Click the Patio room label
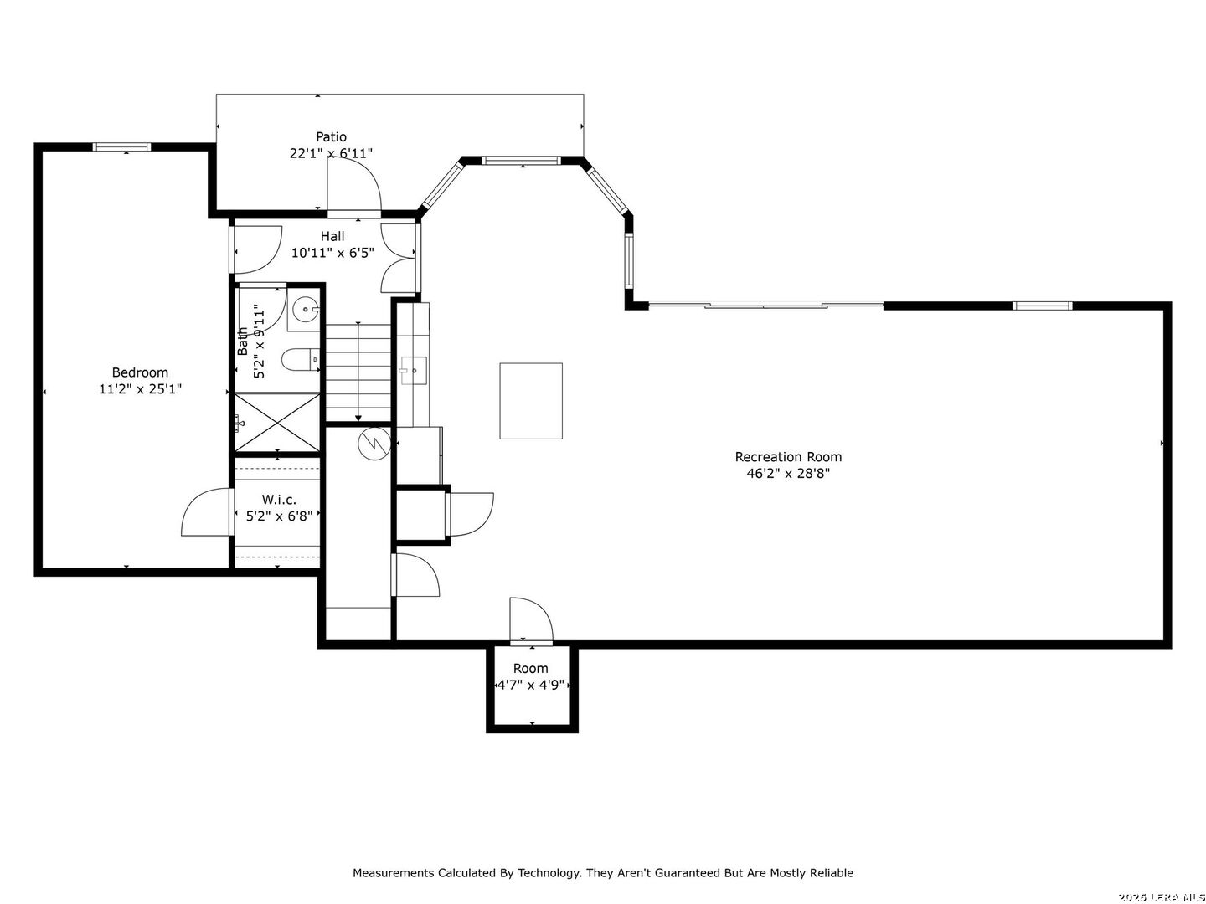point(331,136)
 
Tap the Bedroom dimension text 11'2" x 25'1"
point(140,389)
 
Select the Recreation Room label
point(788,457)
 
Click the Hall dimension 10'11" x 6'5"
point(332,253)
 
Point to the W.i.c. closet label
point(279,500)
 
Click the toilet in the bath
point(300,361)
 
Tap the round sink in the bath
point(304,309)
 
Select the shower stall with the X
point(277,422)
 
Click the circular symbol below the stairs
point(374,444)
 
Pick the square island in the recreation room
point(531,401)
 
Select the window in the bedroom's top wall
point(121,146)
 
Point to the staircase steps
point(358,372)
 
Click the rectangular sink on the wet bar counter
point(414,371)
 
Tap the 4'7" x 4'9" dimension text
point(531,685)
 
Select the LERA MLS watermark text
point(1162,896)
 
